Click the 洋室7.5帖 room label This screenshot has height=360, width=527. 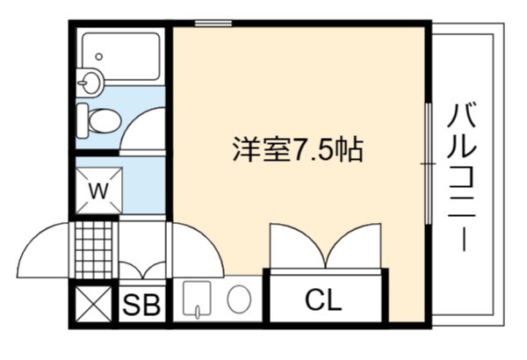coord(298,149)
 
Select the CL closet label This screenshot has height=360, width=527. coord(323,299)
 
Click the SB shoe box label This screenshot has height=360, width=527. coord(141,305)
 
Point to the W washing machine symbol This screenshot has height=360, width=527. coord(98,191)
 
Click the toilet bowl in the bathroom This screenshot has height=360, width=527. coord(105,120)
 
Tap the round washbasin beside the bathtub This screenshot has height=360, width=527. coord(90,82)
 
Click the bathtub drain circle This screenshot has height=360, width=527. coord(98,56)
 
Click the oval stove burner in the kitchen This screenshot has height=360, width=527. coord(239,299)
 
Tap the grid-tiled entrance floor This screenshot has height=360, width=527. coord(94,249)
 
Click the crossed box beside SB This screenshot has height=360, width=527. coord(93,304)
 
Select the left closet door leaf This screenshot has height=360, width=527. coord(298,246)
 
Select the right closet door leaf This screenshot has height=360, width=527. coord(354,246)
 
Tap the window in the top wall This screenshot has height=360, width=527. coord(213,23)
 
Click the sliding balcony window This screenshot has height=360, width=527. coord(429,163)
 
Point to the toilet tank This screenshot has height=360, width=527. coord(82,120)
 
